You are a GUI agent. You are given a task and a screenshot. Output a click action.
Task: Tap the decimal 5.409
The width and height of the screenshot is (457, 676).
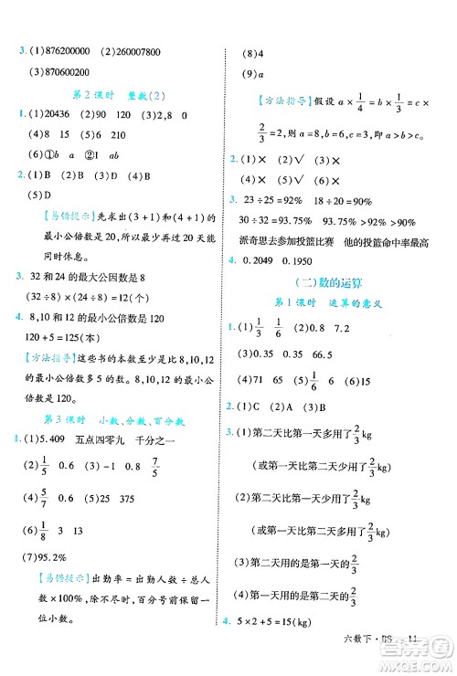57,441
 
